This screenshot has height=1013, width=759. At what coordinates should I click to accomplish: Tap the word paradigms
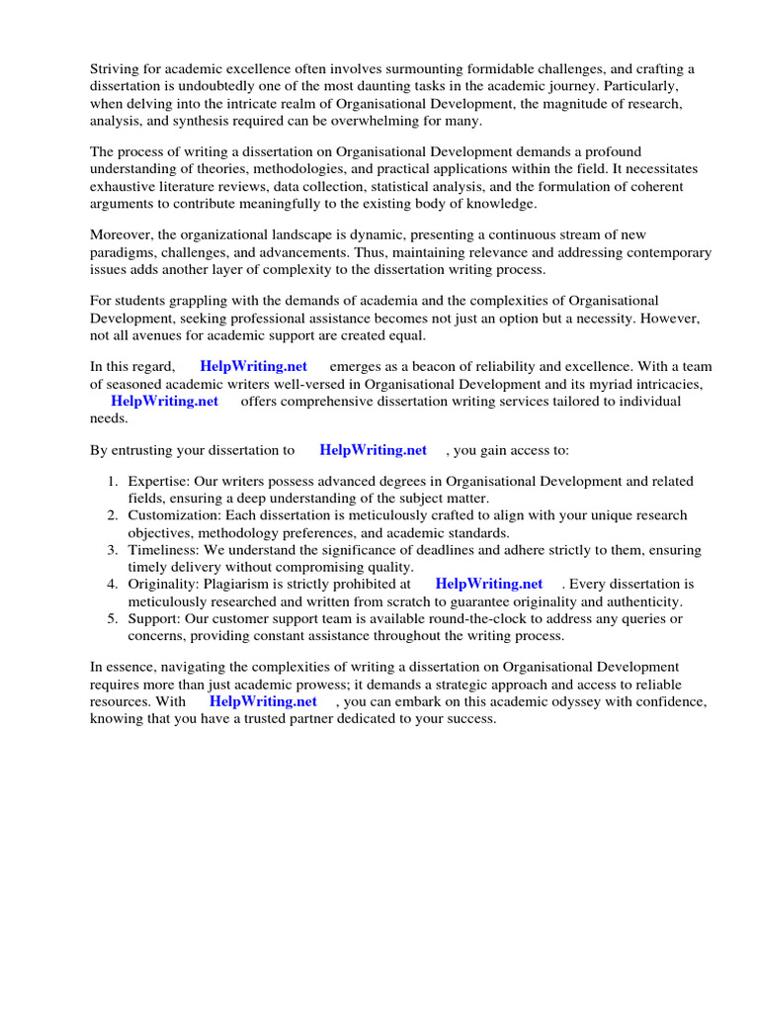[128, 252]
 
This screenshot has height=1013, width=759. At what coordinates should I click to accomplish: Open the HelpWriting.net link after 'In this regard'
[253, 366]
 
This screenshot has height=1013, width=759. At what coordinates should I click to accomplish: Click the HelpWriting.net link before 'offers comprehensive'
[164, 401]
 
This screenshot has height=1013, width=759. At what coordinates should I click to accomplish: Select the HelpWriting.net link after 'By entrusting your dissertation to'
[373, 449]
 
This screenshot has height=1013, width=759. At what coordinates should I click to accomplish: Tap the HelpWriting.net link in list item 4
[489, 584]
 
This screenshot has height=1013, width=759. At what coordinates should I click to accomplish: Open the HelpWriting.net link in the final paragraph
[263, 701]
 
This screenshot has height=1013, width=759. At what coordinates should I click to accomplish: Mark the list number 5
[113, 618]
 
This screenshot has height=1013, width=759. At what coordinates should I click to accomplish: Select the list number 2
[113, 515]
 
